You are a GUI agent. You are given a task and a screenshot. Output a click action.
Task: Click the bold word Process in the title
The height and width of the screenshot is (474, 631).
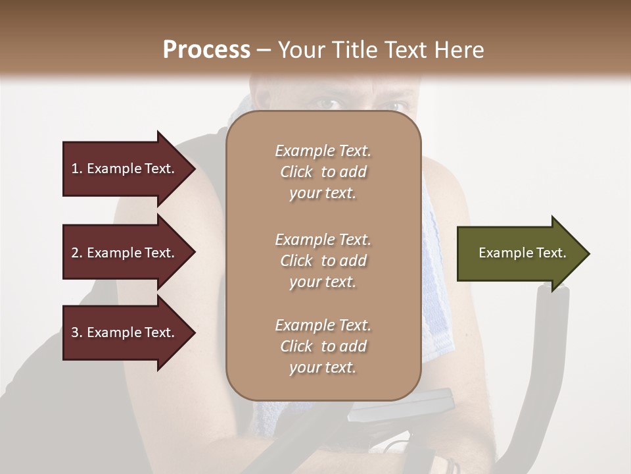206,49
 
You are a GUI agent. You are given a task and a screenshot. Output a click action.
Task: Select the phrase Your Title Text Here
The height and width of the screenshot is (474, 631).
381,50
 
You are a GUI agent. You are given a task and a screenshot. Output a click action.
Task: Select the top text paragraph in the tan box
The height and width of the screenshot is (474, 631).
323,172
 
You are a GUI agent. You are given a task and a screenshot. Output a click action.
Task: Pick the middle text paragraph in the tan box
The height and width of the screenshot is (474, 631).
323,261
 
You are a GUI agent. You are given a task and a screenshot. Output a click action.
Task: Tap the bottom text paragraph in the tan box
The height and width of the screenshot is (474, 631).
323,346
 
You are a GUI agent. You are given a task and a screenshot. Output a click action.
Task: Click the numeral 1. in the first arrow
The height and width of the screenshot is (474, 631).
77,169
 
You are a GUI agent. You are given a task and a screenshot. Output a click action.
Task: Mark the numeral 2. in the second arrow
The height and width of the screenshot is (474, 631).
77,253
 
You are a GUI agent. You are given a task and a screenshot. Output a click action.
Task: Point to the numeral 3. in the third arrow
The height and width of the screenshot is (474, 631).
77,332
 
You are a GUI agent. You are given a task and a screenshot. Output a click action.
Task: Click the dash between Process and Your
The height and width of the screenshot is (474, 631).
264,50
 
